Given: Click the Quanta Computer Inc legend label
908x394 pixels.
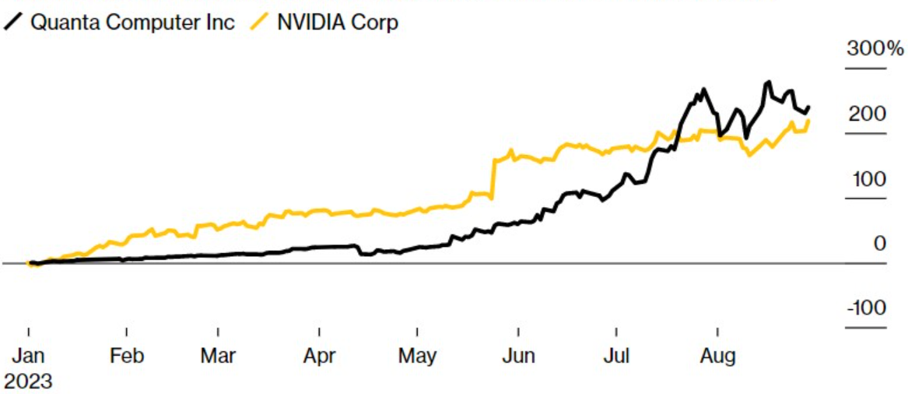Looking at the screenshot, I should [x=132, y=22].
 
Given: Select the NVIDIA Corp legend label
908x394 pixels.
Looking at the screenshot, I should [x=337, y=22].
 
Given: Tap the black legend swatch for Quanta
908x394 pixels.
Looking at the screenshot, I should [x=13, y=22].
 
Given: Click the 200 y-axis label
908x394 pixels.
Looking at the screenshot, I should [x=867, y=114].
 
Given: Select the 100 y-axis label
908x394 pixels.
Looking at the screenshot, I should [x=867, y=179].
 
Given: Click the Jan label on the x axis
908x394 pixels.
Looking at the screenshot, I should [x=28, y=357].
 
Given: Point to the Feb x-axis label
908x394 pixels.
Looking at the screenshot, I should [x=126, y=357].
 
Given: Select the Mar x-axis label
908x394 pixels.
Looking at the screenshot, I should [x=218, y=357].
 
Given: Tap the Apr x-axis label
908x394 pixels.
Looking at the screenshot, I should [x=319, y=357].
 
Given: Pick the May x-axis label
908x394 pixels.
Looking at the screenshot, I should [x=417, y=357].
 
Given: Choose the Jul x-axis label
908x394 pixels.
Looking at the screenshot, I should [x=615, y=357].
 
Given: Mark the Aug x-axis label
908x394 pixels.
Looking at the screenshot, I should [x=717, y=357].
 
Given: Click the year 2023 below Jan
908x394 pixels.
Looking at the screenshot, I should [x=28, y=382].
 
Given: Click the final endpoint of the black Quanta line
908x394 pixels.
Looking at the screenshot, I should [x=809, y=107].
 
